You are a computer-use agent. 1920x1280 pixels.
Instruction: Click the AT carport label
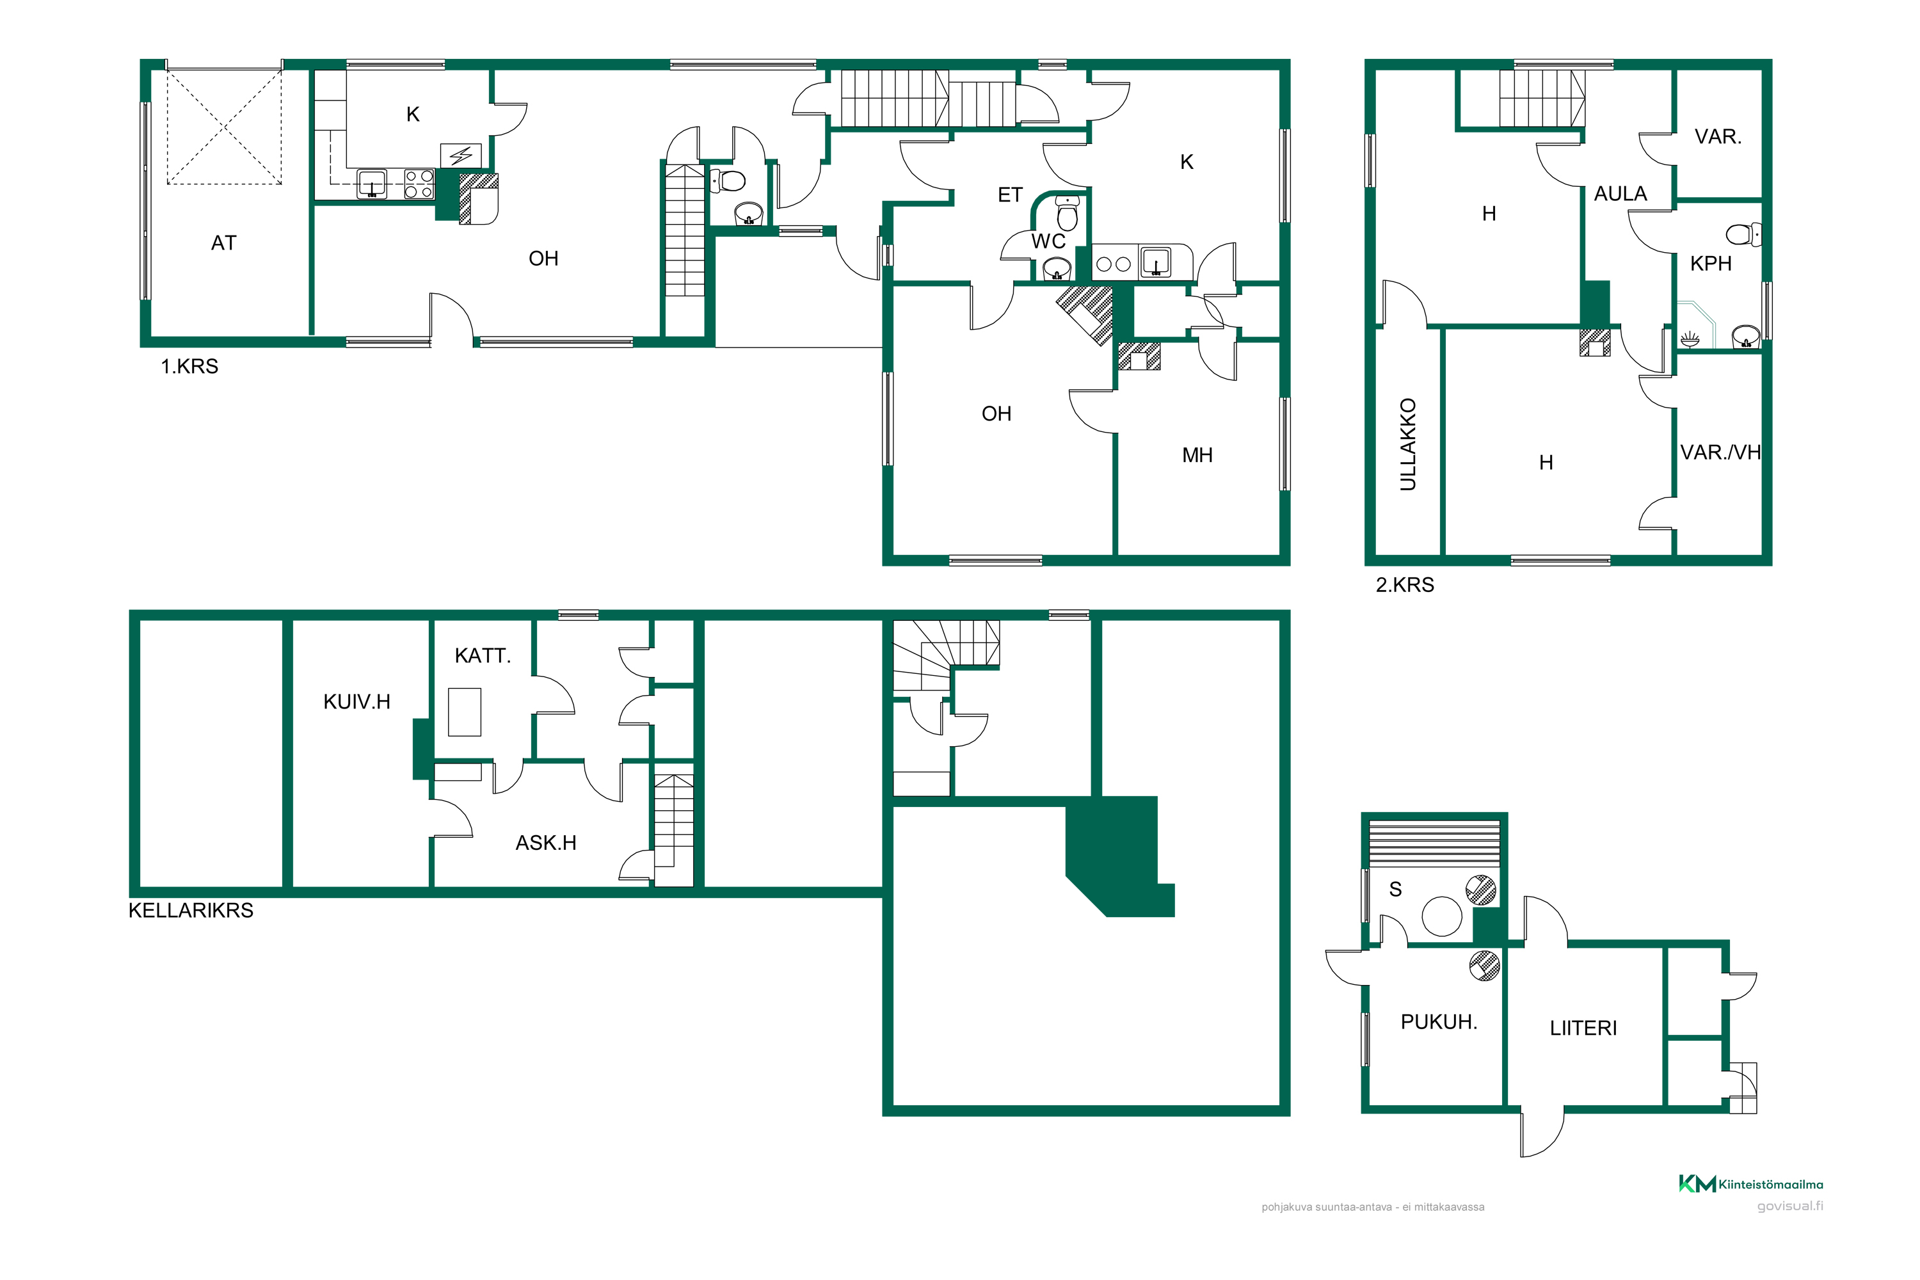coord(223,243)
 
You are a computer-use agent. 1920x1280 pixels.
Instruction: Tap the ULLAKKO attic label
coord(1407,444)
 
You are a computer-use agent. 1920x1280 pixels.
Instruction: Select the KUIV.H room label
coord(356,702)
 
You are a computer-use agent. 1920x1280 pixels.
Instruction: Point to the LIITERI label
coord(1583,1028)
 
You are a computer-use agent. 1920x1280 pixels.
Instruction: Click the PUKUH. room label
coord(1438,1022)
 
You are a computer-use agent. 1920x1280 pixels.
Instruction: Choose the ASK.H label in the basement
coord(545,844)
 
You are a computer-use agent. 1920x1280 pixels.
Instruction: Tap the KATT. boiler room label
coord(483,655)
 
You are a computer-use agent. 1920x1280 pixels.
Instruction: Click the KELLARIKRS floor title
coord(191,911)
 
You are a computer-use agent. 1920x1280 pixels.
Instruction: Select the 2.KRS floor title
coord(1405,586)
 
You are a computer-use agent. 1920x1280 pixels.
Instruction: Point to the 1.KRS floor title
coord(189,367)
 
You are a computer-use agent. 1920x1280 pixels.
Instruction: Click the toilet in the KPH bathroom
coord(1743,235)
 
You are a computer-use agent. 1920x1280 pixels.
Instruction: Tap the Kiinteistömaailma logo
coord(1750,1183)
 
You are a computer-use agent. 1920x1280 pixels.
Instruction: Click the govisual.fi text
coord(1789,1206)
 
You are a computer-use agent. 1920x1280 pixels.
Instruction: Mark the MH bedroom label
coord(1197,456)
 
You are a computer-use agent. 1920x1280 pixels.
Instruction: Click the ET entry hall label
coord(1010,195)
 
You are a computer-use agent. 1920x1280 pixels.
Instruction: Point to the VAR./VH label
coord(1720,453)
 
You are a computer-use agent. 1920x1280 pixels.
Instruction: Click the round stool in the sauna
coord(1442,916)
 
